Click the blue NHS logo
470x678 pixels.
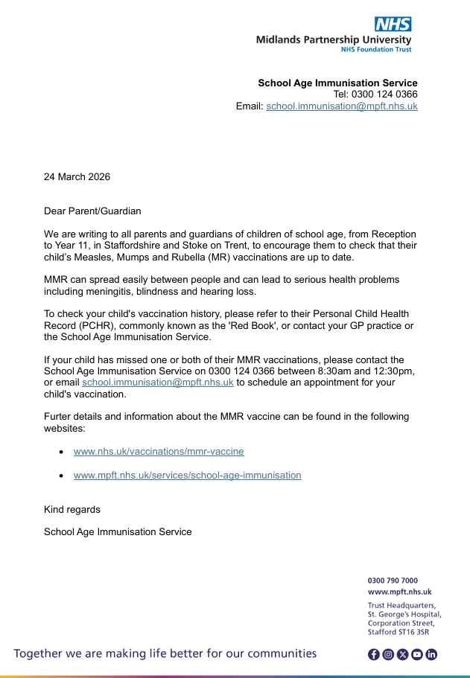[x=393, y=24]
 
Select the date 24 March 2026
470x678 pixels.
[x=77, y=177]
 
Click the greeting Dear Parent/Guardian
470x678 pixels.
[x=92, y=211]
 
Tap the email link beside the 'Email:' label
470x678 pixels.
[x=342, y=106]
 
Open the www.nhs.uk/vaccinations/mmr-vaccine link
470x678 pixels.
[x=159, y=452]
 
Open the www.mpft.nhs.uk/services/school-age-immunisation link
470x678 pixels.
[x=187, y=475]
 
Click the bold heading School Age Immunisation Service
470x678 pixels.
[x=337, y=83]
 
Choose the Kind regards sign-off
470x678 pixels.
[x=72, y=510]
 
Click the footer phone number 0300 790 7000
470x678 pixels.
[x=393, y=581]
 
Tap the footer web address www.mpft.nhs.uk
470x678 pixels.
[x=400, y=592]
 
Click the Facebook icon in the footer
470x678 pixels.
[x=374, y=655]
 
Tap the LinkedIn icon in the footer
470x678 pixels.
[x=431, y=655]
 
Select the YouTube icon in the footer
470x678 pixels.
[x=416, y=655]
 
